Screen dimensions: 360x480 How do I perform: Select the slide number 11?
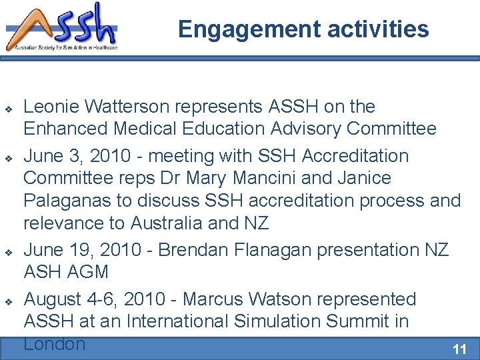point(459,349)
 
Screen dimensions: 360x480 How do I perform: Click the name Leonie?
point(55,107)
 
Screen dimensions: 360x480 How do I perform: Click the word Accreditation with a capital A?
point(355,156)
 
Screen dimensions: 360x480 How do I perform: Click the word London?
point(55,344)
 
